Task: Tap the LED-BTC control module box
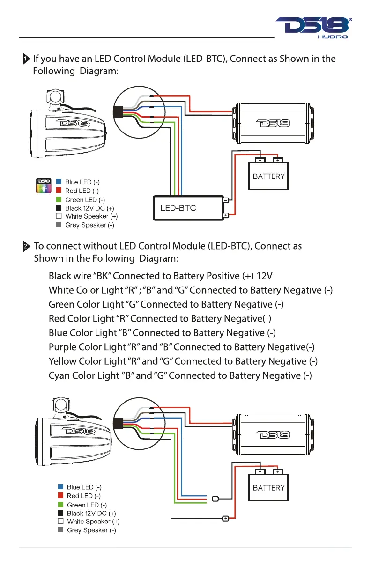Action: coord(188,208)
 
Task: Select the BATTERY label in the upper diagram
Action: coord(268,176)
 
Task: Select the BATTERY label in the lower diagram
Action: coord(268,488)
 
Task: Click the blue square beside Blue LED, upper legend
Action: coord(59,182)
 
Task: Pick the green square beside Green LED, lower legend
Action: coord(61,505)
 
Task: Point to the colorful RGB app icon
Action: coord(44,185)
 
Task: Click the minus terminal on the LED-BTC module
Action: coord(226,200)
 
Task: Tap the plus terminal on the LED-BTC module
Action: coord(226,215)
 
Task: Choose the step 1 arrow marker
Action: coord(26,59)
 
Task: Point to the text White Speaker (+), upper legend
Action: coord(91,216)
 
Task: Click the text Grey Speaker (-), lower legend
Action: coord(91,530)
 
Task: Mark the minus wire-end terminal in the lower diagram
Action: coord(215,499)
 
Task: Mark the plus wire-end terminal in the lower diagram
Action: coord(225,519)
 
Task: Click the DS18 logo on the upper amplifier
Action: coord(273,124)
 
